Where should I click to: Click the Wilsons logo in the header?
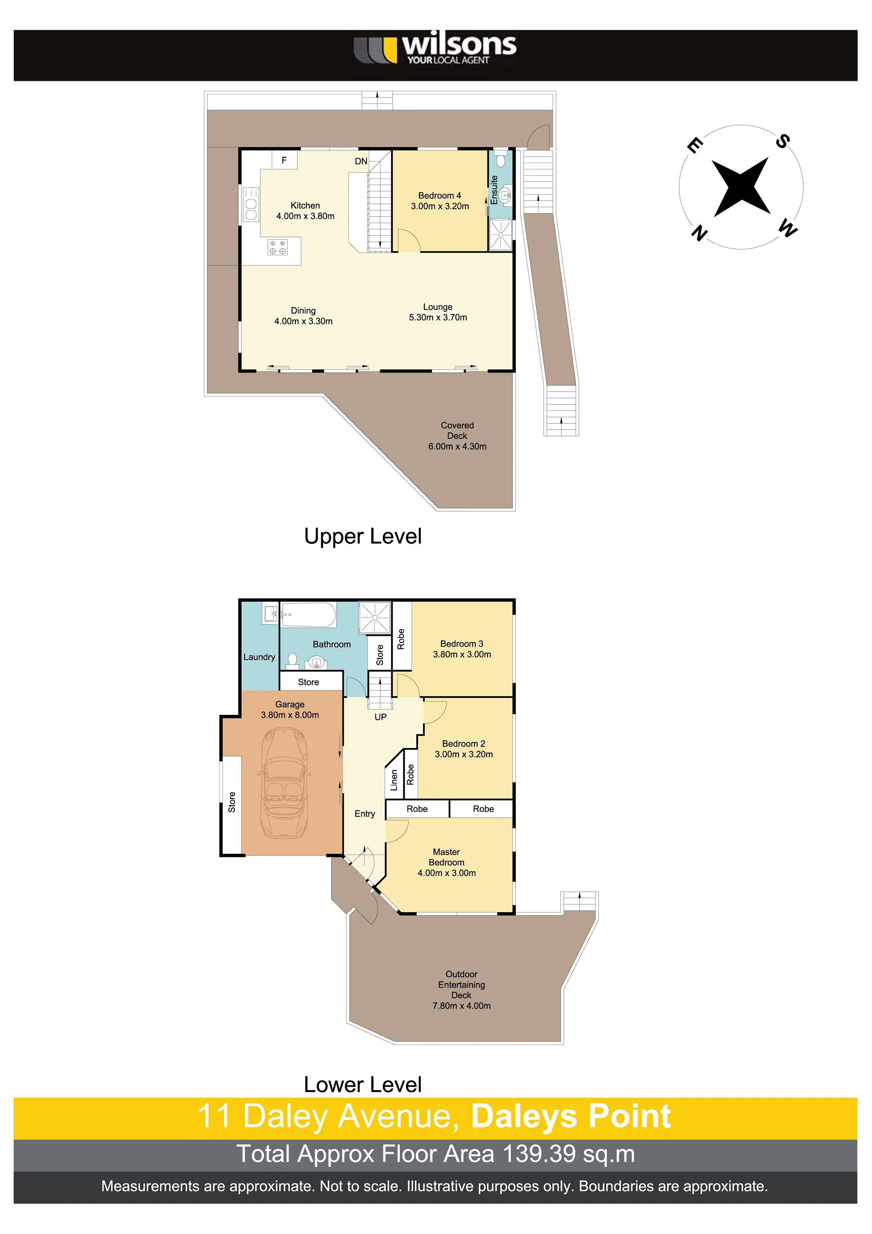(435, 50)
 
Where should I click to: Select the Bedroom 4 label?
(439, 201)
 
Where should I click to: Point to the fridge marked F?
(284, 160)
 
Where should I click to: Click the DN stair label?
(361, 161)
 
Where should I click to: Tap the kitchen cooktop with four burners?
(277, 247)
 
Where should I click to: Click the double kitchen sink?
(251, 204)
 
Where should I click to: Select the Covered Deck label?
(457, 435)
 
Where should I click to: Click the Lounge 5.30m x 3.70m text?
(438, 312)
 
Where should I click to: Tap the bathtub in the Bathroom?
(309, 615)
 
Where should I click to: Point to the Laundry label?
(259, 657)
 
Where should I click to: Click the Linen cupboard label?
(394, 780)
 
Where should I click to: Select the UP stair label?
(380, 717)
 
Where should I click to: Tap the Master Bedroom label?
(447, 862)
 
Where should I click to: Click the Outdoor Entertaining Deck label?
(462, 989)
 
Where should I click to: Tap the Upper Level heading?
(363, 536)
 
